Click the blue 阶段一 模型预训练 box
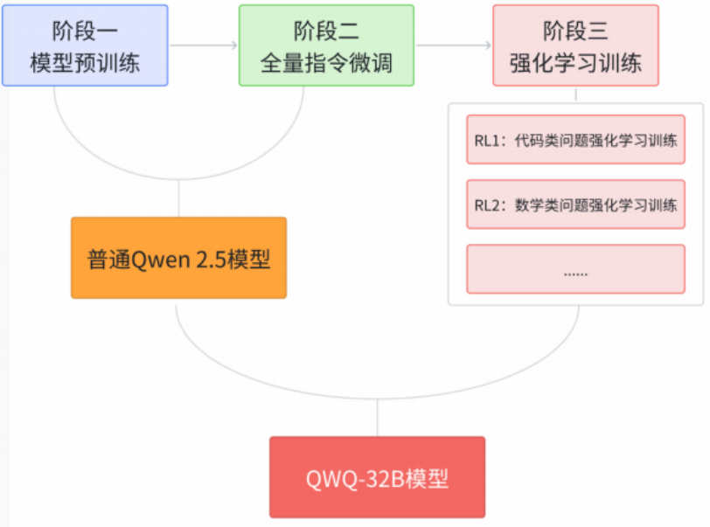coord(85,45)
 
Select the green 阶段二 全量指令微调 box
coord(326,45)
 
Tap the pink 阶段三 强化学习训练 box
coord(575,45)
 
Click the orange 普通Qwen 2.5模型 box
coord(178,258)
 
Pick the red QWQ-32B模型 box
coord(377,477)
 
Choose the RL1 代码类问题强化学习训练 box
coord(575,139)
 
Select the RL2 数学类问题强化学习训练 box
coord(575,205)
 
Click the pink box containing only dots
coord(575,269)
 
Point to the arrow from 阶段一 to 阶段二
coord(203,45)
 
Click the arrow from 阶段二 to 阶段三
coord(453,45)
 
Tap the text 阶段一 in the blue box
coord(85,32)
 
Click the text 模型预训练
coord(85,62)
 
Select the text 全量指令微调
coord(326,62)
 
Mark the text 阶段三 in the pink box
coord(575,32)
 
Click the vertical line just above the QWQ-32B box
coord(377,418)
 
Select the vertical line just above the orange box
coord(178,199)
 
